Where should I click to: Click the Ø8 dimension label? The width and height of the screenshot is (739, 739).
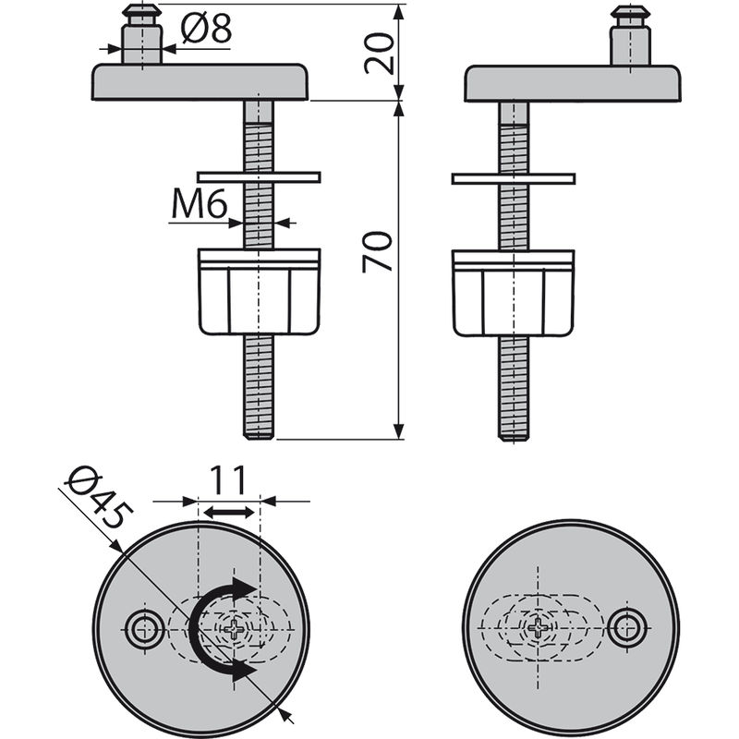(x=205, y=30)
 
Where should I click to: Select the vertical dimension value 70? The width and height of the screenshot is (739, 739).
(x=379, y=251)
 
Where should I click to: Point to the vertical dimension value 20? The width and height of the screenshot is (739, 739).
(x=379, y=52)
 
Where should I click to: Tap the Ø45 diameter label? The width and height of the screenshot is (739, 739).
(x=95, y=498)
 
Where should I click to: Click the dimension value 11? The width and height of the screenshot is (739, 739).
(x=226, y=480)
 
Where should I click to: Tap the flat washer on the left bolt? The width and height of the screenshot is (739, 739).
(x=259, y=176)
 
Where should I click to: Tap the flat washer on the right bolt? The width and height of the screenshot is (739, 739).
(x=514, y=178)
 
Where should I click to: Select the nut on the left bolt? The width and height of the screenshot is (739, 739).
(x=259, y=290)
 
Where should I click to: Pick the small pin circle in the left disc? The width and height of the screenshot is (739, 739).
(x=143, y=630)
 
